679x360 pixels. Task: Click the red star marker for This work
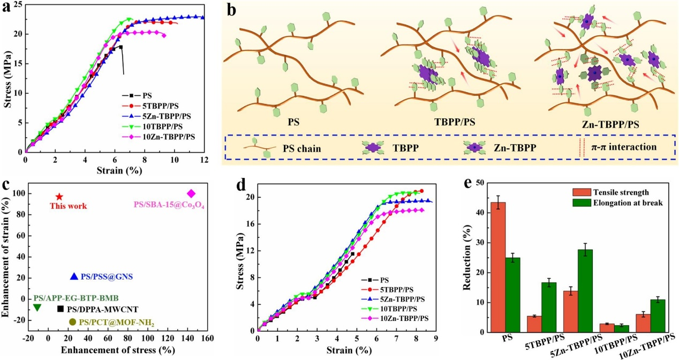pos(59,197)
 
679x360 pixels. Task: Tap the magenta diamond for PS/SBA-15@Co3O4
pos(191,193)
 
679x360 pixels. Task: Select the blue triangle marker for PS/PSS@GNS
pos(74,276)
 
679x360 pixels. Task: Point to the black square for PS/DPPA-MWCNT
pos(61,309)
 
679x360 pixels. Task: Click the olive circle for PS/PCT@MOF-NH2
pos(73,321)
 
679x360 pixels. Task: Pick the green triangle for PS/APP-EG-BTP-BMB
pos(37,307)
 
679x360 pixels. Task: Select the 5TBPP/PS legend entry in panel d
pos(393,289)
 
